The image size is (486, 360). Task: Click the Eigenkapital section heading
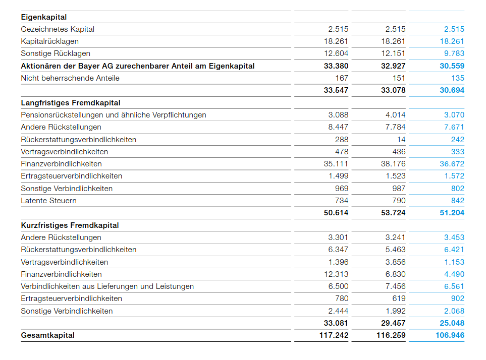click(44, 17)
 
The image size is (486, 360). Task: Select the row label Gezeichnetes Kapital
click(58, 29)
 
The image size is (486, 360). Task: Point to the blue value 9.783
click(454, 53)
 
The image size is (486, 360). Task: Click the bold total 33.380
click(336, 66)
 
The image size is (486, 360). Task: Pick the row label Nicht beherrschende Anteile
click(70, 78)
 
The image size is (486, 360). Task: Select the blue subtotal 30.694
click(452, 90)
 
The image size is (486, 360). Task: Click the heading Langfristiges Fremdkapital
click(71, 103)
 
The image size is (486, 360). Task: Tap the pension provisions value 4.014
click(395, 115)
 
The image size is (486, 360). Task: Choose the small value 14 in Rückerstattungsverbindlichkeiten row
click(401, 140)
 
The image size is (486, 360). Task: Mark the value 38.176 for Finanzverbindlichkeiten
click(393, 164)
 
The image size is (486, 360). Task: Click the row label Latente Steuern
click(49, 201)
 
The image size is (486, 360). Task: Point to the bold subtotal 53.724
click(393, 213)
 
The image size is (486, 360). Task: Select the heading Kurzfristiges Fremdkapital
click(70, 225)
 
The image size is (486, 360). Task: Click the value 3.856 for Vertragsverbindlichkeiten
click(395, 262)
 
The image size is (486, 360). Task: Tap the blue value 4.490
click(454, 274)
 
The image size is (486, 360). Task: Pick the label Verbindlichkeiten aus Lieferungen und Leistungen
click(107, 286)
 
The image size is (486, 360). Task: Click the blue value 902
click(458, 298)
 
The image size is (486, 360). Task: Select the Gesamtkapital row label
click(47, 335)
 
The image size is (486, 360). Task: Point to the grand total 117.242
click(334, 335)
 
